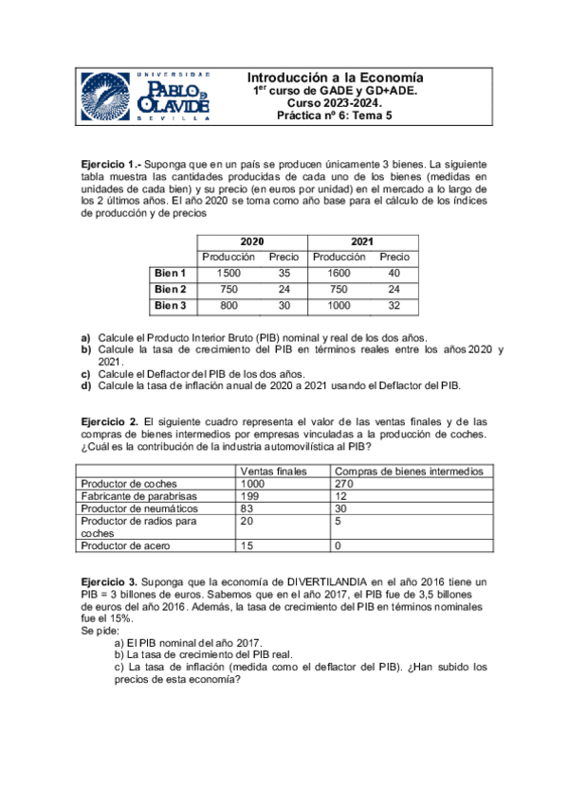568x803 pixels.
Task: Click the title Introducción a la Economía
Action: [x=335, y=78]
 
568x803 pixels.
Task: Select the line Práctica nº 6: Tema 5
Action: [x=334, y=116]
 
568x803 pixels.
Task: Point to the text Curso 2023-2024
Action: [x=334, y=103]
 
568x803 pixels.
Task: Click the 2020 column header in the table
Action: [x=252, y=241]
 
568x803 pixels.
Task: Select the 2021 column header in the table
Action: [x=362, y=241]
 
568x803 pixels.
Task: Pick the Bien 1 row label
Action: [x=171, y=273]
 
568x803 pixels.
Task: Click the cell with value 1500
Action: [x=229, y=273]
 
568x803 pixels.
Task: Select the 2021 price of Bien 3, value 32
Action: [x=394, y=305]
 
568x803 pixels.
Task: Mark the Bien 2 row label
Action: [x=171, y=289]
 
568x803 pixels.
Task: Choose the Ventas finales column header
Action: [x=274, y=471]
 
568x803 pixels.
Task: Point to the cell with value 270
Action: [x=344, y=483]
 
